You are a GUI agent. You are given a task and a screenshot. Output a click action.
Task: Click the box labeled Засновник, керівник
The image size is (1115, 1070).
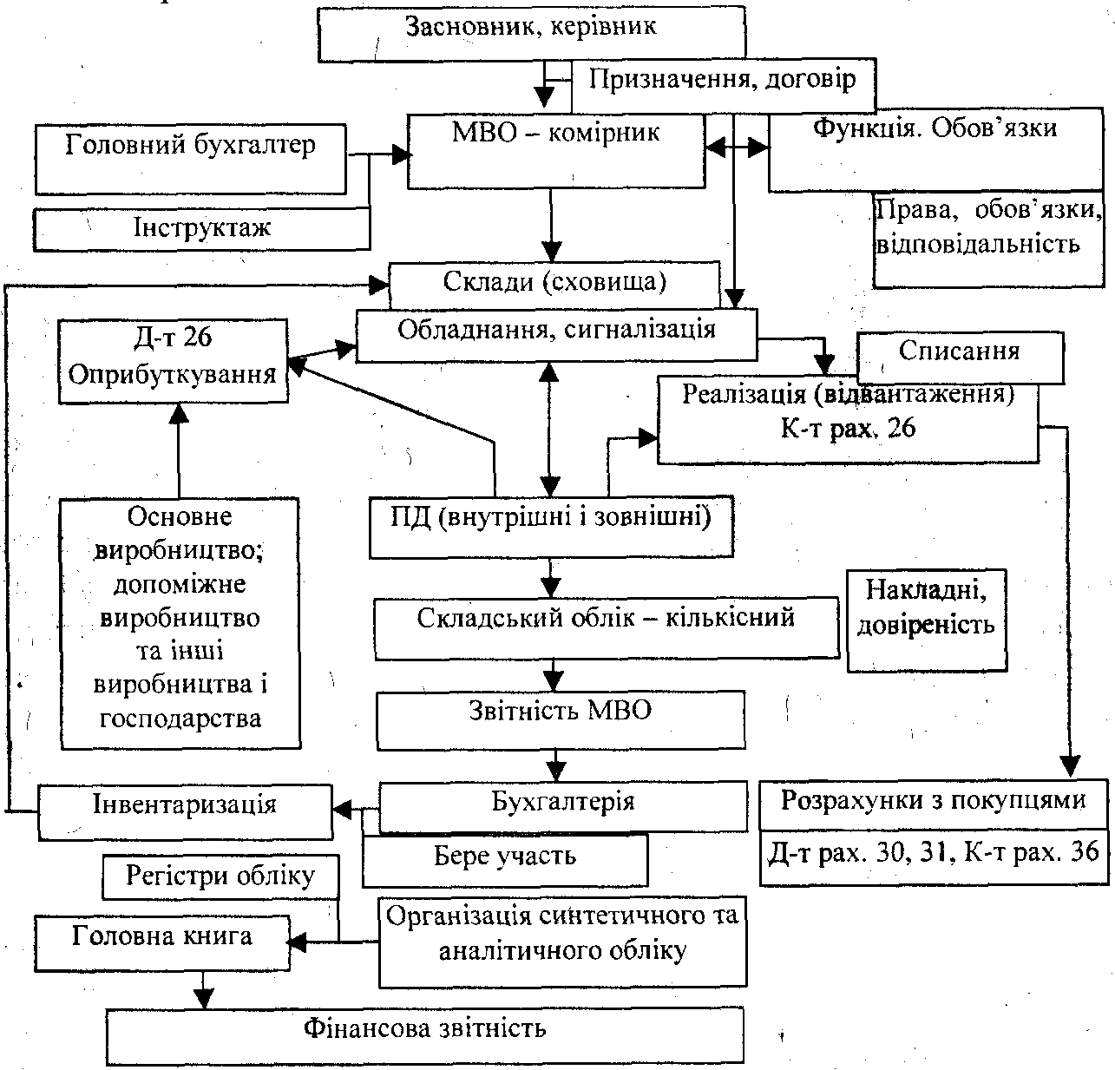[531, 35]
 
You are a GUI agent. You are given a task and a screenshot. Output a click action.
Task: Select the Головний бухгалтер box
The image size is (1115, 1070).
[190, 158]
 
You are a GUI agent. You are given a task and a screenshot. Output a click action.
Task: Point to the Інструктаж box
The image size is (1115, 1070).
[201, 228]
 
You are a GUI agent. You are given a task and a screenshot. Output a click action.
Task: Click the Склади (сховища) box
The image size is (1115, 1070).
[554, 283]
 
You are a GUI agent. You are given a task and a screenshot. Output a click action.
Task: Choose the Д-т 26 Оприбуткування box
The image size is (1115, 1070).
[173, 359]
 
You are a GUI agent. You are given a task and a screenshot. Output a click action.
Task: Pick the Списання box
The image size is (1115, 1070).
[959, 354]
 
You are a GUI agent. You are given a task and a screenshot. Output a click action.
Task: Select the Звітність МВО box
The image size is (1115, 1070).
[560, 718]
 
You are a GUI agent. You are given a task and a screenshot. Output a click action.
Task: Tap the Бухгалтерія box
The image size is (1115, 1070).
[562, 804]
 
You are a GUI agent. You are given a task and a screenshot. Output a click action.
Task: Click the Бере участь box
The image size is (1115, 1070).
[504, 858]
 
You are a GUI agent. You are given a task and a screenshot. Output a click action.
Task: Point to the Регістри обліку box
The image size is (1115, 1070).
[220, 877]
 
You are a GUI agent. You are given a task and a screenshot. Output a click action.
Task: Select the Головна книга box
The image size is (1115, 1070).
[162, 940]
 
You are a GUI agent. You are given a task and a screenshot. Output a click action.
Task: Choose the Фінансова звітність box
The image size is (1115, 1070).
[425, 1034]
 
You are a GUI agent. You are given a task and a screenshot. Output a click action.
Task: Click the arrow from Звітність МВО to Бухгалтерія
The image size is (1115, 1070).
[556, 765]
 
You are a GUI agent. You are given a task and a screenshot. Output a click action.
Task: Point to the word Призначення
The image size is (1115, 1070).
[666, 80]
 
